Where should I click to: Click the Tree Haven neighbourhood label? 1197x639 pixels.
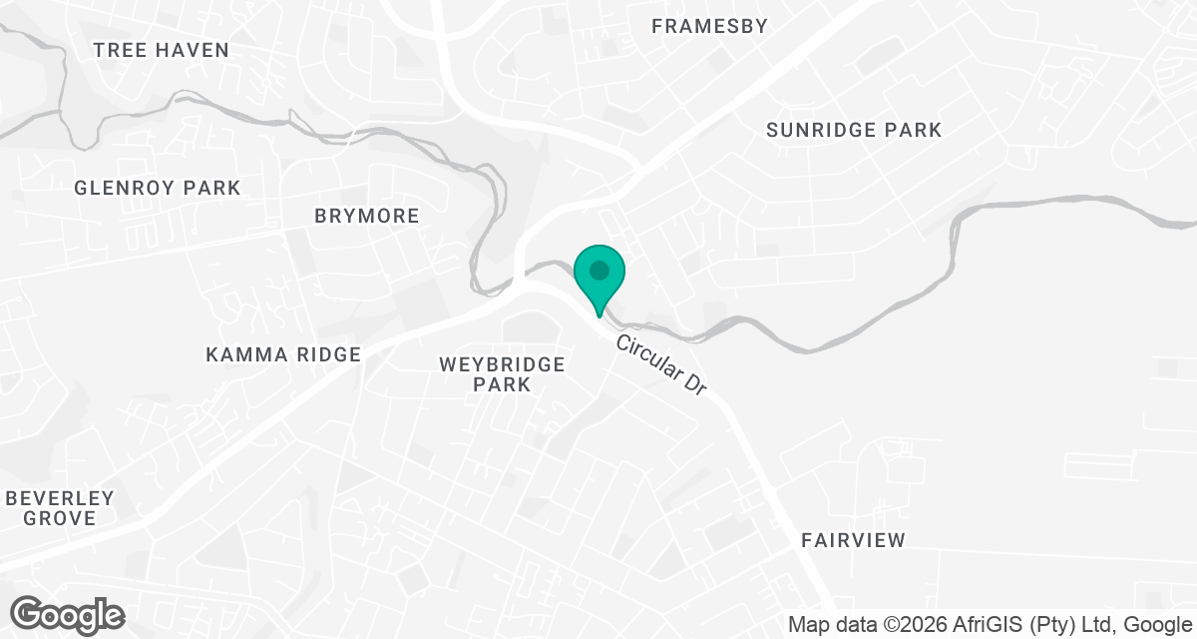(x=161, y=50)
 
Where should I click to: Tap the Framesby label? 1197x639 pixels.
(x=710, y=27)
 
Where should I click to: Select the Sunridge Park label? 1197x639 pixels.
(x=854, y=130)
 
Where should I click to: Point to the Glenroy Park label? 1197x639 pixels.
(x=158, y=188)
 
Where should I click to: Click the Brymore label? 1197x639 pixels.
(x=367, y=216)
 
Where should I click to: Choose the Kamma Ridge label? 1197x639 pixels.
(x=283, y=354)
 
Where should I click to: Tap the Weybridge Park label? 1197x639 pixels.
(x=503, y=374)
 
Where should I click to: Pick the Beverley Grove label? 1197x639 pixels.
(x=61, y=508)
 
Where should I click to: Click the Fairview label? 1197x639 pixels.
(x=854, y=540)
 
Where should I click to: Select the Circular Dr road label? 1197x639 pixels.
(x=660, y=365)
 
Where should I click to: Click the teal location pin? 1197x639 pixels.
(x=598, y=279)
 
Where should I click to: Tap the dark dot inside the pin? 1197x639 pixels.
(x=598, y=270)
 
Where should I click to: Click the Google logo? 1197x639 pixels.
(x=67, y=614)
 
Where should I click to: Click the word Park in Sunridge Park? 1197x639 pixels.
(x=913, y=130)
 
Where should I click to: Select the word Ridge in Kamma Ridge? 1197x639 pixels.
(x=328, y=354)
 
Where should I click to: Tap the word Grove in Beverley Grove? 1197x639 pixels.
(x=61, y=518)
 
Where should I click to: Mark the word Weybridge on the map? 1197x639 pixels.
(x=503, y=364)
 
